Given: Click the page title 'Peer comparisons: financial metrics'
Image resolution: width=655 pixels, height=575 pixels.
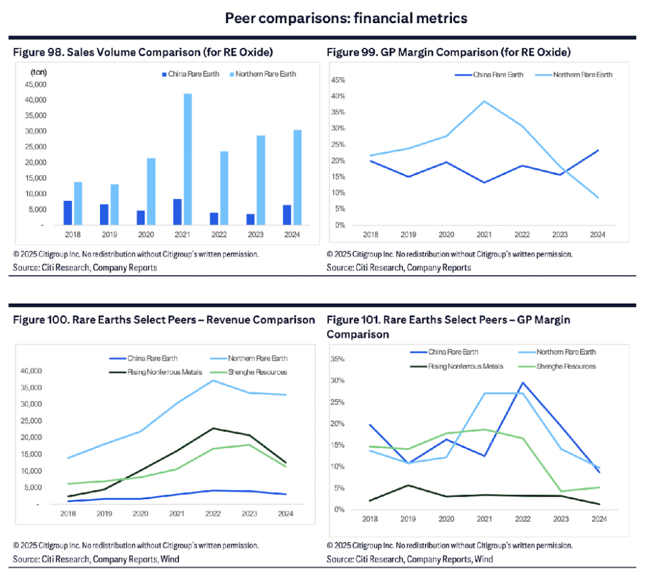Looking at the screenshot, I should click(x=346, y=18).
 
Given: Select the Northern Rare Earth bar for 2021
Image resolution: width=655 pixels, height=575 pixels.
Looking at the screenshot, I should click(x=187, y=159).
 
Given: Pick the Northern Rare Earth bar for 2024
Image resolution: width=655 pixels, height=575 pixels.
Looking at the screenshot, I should click(x=297, y=177).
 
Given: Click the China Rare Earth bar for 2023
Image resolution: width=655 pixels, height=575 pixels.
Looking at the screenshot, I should click(x=250, y=219).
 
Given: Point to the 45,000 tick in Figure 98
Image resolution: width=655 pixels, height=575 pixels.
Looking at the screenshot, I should click(x=34, y=84).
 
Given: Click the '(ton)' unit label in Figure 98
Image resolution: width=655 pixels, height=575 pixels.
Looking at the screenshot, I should click(x=39, y=72).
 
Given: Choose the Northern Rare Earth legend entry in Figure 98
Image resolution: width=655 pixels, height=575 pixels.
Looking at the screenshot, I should click(x=266, y=75).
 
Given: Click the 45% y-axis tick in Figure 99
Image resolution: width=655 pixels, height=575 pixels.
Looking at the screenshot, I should click(x=337, y=80).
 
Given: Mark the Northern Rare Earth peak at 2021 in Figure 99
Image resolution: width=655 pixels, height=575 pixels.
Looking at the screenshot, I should click(x=483, y=101).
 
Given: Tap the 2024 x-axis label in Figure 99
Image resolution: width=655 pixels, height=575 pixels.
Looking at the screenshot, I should click(x=598, y=234).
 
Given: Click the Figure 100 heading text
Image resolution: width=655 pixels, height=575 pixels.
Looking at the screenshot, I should click(x=164, y=320).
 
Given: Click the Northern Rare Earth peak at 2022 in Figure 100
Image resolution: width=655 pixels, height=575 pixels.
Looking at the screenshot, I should click(x=213, y=381).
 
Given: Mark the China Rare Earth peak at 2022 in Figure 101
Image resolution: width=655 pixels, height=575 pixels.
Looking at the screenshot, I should click(x=522, y=383).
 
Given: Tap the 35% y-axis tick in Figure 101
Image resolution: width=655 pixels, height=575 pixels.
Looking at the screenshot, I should click(x=337, y=359).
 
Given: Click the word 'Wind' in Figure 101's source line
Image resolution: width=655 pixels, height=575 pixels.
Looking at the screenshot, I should click(x=484, y=559).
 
